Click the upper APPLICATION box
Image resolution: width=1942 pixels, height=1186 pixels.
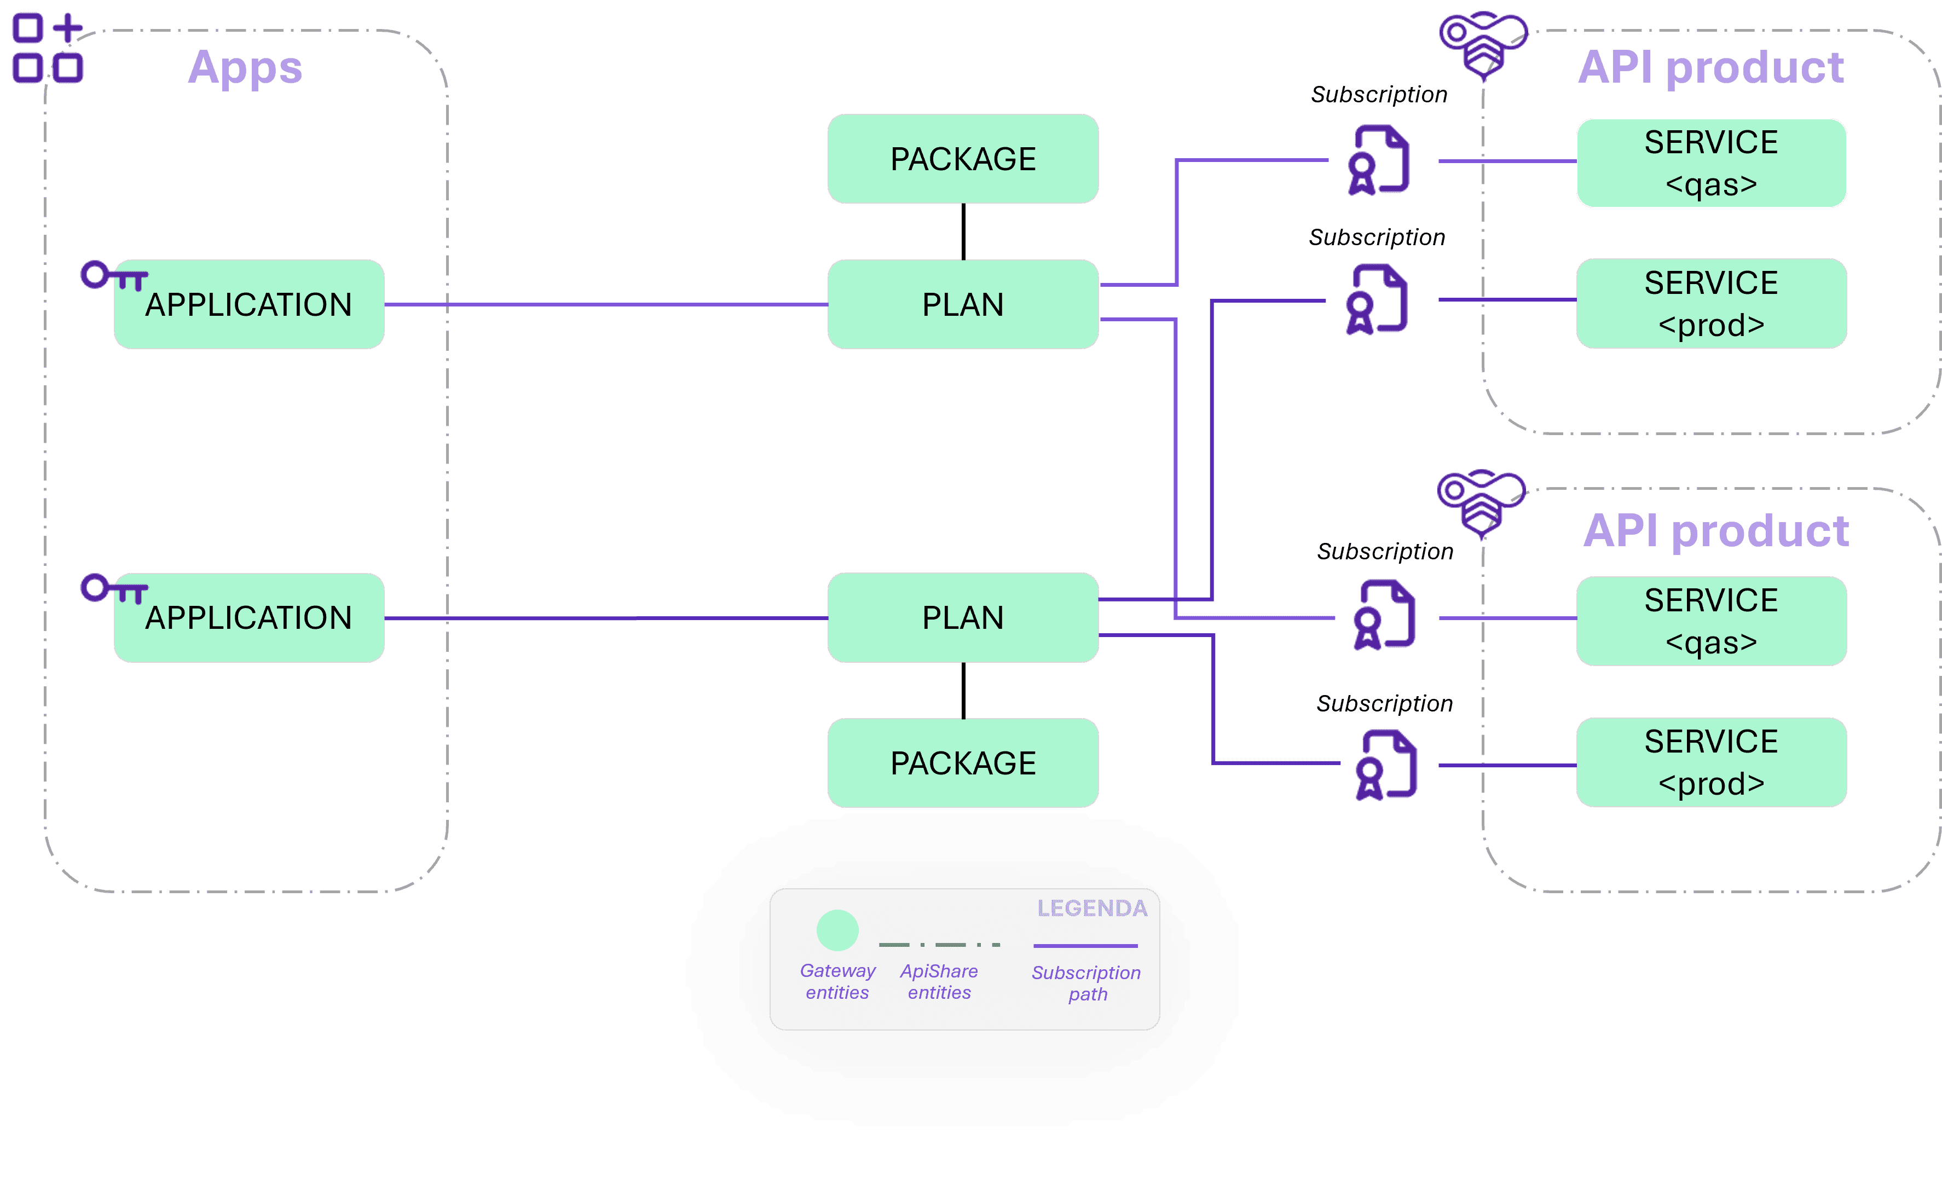(249, 304)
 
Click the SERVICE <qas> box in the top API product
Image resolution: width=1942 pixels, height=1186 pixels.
(1710, 163)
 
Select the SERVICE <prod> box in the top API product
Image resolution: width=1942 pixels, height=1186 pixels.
(1710, 303)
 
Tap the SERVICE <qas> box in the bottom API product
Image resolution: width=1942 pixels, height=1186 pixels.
(1710, 621)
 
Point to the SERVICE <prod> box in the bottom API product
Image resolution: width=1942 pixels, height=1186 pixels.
(1710, 762)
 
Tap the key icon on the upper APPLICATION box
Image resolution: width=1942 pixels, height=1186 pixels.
(113, 276)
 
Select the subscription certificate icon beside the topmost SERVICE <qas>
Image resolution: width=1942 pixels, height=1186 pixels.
(1378, 160)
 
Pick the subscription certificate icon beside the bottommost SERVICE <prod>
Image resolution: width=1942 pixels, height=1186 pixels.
(1385, 765)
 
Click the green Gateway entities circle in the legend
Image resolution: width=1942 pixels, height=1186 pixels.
(837, 930)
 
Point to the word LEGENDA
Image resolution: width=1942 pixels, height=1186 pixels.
(1091, 909)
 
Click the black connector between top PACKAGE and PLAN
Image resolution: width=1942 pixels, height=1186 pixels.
(963, 232)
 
